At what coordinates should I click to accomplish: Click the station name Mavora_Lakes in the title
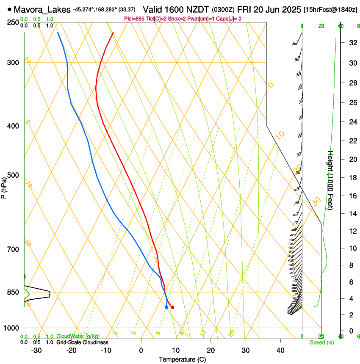click(x=42, y=9)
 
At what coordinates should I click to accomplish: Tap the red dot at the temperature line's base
click(x=172, y=307)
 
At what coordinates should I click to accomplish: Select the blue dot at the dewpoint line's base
click(x=166, y=307)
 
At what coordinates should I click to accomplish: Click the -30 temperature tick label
click(x=36, y=350)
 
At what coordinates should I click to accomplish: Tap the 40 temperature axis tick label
click(x=280, y=350)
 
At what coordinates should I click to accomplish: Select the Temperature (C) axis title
click(x=182, y=359)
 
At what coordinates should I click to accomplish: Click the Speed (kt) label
click(x=321, y=342)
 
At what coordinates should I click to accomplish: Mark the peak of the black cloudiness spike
click(x=50, y=293)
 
